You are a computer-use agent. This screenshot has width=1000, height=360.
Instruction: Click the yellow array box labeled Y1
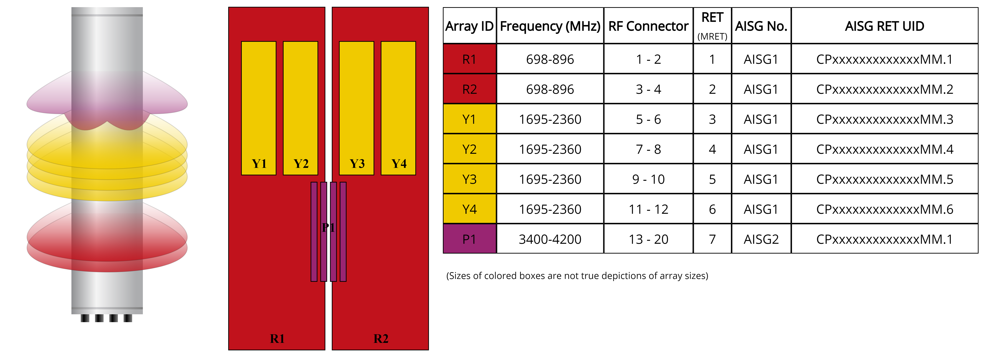[259, 108]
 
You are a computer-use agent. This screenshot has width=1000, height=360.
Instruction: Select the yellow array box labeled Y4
[398, 108]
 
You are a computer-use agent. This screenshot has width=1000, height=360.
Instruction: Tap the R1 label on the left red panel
[277, 339]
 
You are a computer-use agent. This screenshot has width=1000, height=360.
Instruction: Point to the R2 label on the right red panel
[381, 339]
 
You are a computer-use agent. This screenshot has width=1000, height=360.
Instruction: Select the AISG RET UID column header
[884, 26]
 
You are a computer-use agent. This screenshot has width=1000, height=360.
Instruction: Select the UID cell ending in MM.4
[884, 149]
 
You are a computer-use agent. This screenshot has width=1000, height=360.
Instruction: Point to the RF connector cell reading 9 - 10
[648, 179]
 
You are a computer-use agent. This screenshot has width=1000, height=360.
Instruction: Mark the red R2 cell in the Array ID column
[469, 89]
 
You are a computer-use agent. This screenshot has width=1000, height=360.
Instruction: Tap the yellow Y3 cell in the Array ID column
[469, 179]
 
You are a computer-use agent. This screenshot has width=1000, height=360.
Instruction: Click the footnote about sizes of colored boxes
[577, 276]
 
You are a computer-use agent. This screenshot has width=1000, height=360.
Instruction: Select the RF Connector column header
[648, 26]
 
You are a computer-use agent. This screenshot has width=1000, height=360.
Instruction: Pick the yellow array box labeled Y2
[301, 108]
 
